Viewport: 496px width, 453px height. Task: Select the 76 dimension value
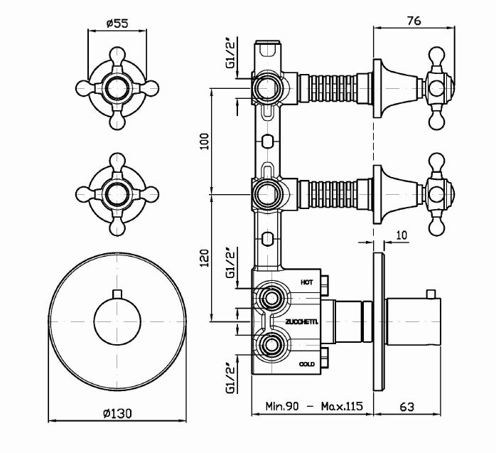(x=414, y=21)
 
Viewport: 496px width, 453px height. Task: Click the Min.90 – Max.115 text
(x=314, y=407)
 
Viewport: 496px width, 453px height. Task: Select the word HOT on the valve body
(x=306, y=282)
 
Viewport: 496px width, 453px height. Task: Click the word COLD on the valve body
(x=306, y=364)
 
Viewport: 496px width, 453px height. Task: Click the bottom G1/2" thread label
(x=230, y=378)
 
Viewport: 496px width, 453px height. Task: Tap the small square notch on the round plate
(x=117, y=294)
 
